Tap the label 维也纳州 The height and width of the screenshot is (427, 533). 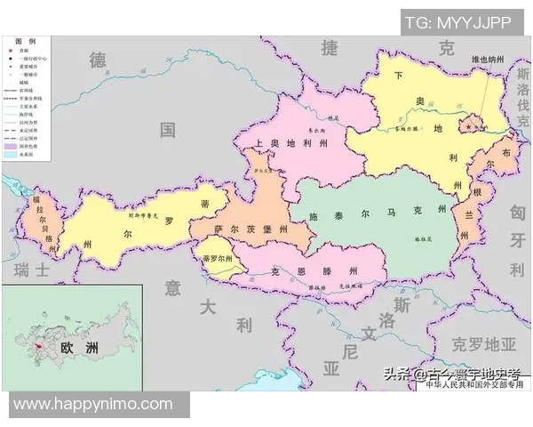[488, 60]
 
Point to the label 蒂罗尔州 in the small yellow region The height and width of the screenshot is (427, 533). [217, 259]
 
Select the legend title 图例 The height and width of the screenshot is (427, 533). [25, 42]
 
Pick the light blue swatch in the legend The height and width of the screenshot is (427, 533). [10, 155]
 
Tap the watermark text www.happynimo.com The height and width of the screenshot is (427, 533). [93, 404]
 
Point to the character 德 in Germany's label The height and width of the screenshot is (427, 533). [98, 60]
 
